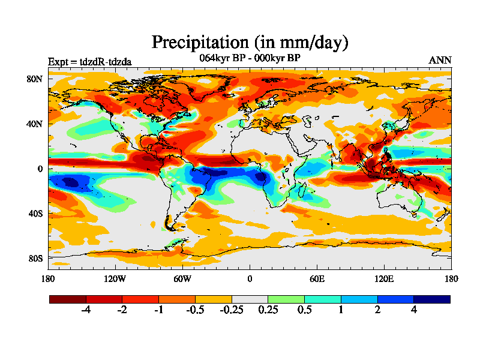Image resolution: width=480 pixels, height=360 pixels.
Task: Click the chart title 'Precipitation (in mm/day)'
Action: [250, 43]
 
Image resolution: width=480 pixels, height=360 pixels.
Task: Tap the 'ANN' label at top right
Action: [440, 61]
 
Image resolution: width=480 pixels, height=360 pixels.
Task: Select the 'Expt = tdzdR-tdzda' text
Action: [89, 61]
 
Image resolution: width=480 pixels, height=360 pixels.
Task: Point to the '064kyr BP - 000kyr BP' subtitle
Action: [250, 58]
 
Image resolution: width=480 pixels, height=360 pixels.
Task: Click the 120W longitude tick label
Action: [115, 278]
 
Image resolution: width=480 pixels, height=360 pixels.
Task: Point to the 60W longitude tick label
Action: [182, 278]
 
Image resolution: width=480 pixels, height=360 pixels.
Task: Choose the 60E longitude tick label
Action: [317, 278]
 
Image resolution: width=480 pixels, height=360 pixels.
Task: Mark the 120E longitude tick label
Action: [384, 278]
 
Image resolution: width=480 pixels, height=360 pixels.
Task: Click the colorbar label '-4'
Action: [86, 310]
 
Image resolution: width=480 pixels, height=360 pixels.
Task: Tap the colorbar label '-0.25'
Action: [231, 310]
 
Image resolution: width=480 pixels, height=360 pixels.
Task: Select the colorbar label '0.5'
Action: [304, 310]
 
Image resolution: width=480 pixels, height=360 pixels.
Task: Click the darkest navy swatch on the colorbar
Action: [431, 299]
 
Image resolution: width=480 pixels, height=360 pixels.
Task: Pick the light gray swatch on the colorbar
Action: [250, 299]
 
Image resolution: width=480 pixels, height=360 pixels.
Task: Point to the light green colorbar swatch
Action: [286, 299]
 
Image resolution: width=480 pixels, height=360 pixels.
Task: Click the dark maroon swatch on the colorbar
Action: [68, 299]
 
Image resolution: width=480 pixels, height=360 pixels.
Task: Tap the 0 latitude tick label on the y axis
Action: [40, 169]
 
